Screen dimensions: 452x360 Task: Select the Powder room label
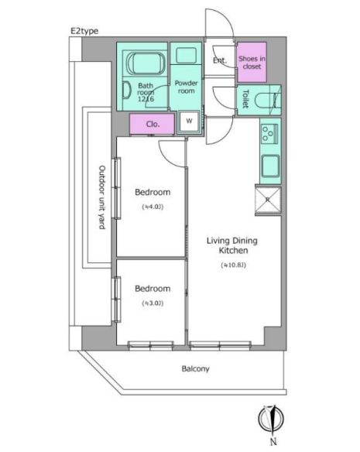click(x=187, y=86)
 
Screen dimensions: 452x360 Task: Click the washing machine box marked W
click(x=188, y=122)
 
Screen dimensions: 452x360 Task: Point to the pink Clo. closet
click(x=153, y=124)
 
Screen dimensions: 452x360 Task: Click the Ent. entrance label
click(x=220, y=61)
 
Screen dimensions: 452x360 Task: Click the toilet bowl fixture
click(x=268, y=100)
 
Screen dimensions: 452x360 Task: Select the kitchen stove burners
click(x=270, y=134)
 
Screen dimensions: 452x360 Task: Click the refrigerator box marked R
click(x=268, y=200)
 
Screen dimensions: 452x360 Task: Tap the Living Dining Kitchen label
click(x=231, y=246)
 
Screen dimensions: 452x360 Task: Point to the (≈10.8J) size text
click(x=232, y=265)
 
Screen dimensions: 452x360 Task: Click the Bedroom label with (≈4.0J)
click(x=152, y=192)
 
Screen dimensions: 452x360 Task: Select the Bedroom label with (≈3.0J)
click(x=152, y=289)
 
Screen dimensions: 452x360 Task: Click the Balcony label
click(x=195, y=368)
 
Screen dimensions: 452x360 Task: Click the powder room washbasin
click(x=186, y=56)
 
